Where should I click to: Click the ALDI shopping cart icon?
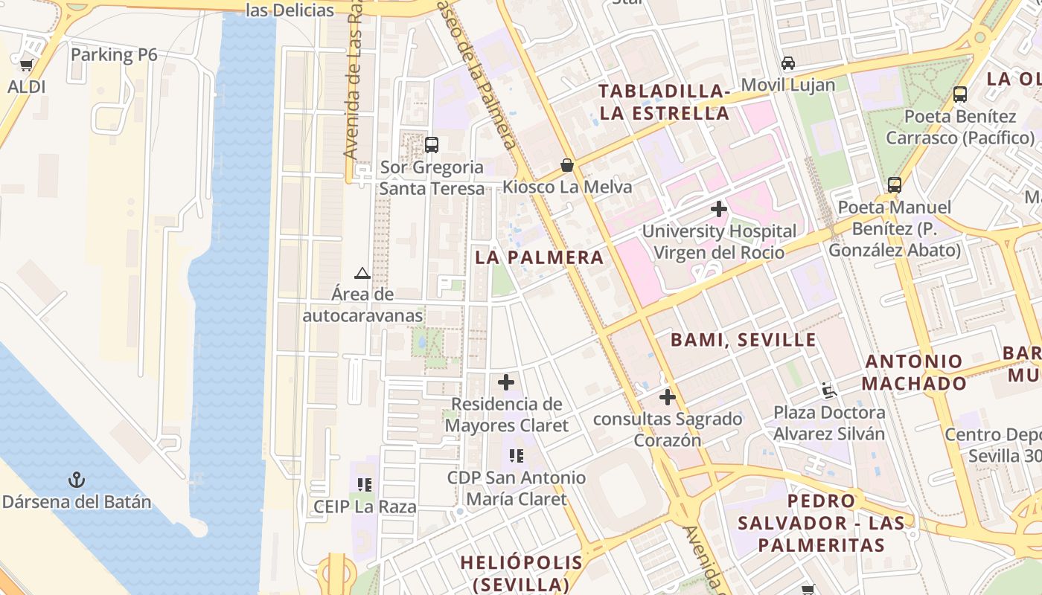27,65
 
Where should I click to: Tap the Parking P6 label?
114,54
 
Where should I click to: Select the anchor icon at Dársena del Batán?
77,480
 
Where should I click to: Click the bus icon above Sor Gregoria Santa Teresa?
431,145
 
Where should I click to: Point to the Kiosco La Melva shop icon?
567,164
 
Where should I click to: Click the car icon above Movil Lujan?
788,63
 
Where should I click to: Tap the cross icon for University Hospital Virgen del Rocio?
718,209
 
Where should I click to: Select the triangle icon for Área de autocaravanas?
362,273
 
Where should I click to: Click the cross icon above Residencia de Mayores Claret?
506,382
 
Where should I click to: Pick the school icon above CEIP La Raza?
365,485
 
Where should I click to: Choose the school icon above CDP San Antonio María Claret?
517,455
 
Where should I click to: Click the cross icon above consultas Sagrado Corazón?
667,397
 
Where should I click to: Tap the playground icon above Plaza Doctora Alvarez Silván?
829,390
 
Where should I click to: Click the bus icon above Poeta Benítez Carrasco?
960,94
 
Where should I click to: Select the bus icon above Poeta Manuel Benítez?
895,184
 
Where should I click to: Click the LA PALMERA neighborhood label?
540,257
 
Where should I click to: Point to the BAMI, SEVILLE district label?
744,340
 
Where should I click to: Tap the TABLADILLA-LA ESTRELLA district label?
664,102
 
